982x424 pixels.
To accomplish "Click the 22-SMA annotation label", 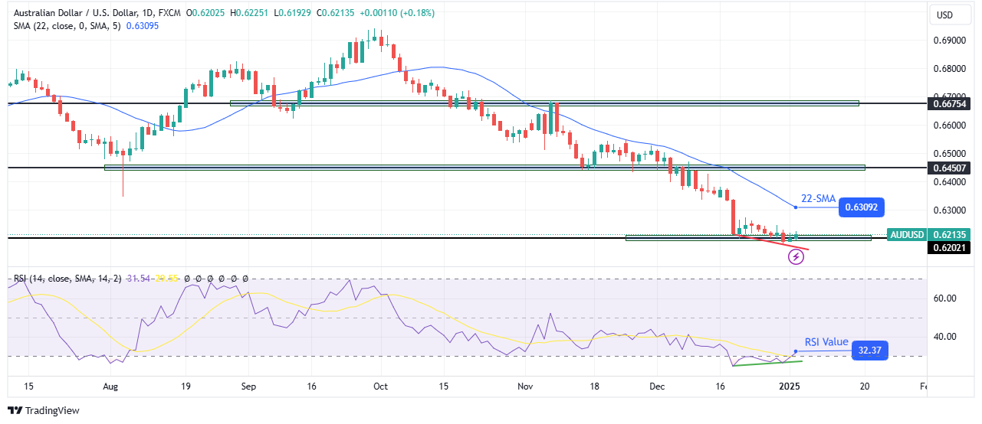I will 818,199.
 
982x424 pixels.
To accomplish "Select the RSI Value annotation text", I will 826,342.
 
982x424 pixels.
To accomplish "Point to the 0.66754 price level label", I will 949,103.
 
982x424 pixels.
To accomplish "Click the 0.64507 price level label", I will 949,168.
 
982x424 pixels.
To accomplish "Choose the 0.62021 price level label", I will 949,247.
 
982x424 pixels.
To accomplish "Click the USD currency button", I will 944,15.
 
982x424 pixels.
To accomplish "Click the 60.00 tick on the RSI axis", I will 944,298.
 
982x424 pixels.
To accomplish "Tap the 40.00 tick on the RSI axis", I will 944,336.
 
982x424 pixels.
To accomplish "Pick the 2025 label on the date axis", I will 790,387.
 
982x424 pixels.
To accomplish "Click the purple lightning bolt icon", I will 796,256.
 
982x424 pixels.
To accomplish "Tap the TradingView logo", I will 44,411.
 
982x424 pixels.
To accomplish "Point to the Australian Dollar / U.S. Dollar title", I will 74,12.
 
